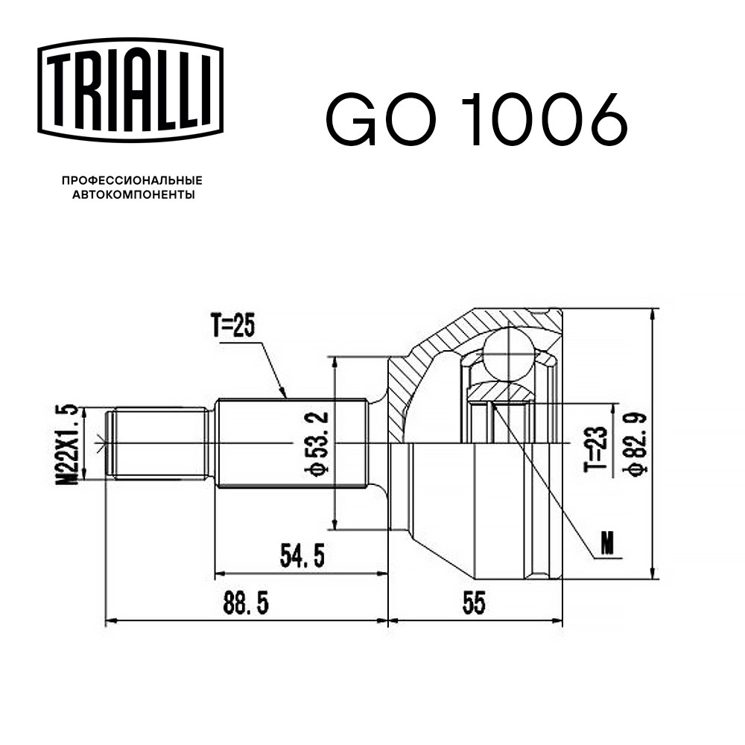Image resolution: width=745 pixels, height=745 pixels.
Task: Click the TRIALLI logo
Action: [130, 90]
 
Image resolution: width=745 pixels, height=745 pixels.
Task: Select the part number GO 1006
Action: [477, 118]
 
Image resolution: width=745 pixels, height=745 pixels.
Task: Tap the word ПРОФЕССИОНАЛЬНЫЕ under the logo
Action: [132, 180]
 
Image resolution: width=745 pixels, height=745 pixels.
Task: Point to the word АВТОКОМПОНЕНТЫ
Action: [133, 194]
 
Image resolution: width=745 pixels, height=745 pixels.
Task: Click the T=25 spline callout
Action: [233, 326]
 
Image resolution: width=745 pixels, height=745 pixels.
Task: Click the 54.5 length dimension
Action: [302, 556]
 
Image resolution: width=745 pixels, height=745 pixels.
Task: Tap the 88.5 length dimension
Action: [245, 603]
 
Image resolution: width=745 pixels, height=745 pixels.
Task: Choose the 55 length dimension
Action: [474, 603]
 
